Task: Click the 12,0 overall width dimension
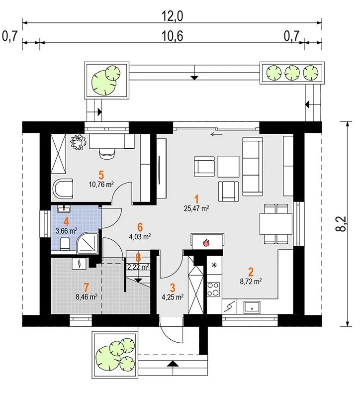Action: click(x=172, y=15)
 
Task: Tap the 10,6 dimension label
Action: click(x=172, y=36)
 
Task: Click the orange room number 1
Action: click(x=197, y=198)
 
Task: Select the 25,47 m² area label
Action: click(x=196, y=207)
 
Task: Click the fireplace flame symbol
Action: click(x=205, y=242)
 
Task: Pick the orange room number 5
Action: click(x=101, y=175)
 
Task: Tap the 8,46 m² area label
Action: click(x=86, y=297)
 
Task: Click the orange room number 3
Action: click(x=173, y=288)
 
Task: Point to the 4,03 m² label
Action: click(x=140, y=237)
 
